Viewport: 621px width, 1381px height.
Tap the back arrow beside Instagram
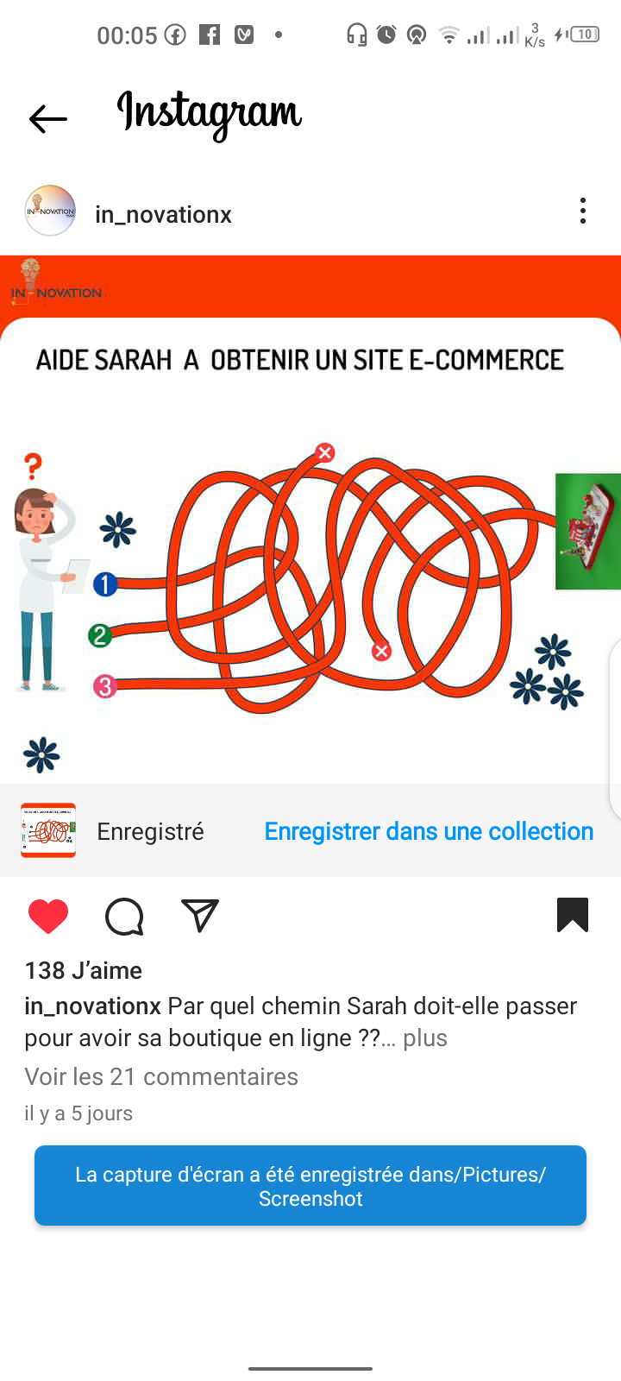click(x=48, y=119)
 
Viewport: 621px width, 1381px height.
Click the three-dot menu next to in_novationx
click(x=583, y=211)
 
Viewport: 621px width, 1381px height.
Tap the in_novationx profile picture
click(x=50, y=211)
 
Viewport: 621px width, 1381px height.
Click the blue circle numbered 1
click(x=105, y=584)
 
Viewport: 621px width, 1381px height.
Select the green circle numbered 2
click(x=100, y=635)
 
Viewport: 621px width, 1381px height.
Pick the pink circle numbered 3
click(x=104, y=686)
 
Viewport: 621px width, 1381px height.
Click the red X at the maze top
click(x=324, y=452)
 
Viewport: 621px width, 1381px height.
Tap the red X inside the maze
click(x=381, y=651)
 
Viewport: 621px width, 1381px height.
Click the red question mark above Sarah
click(x=34, y=466)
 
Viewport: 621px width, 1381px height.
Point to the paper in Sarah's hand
click(x=77, y=576)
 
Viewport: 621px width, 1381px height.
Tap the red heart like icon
click(x=48, y=916)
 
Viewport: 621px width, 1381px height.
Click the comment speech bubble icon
click(x=124, y=917)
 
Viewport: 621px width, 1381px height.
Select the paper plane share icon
click(x=199, y=915)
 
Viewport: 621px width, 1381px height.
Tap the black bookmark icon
click(x=573, y=915)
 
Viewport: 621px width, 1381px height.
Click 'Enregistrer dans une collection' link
click(x=429, y=832)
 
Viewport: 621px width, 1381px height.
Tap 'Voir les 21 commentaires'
click(x=161, y=1077)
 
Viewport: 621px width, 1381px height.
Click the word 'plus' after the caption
click(x=425, y=1038)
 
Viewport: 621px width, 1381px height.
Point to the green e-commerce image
click(x=587, y=532)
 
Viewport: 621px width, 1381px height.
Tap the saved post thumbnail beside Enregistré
click(x=48, y=830)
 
